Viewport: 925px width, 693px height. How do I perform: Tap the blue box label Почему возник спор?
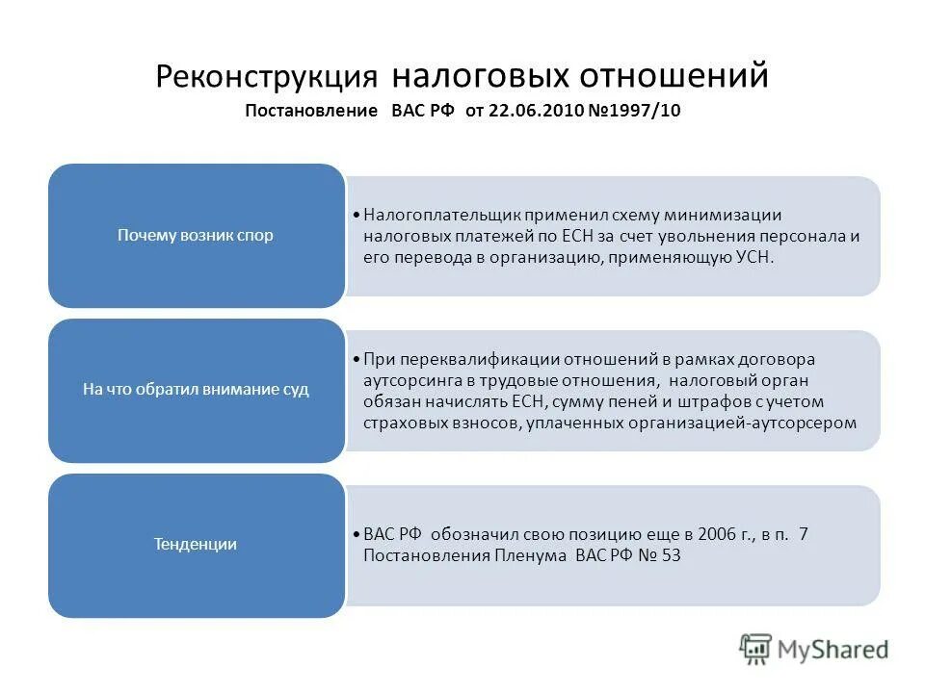pos(196,235)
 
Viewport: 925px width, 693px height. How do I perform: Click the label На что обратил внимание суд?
pos(196,390)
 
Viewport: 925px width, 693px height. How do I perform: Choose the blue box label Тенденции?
pos(196,544)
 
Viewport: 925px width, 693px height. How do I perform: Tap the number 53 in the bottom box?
pos(672,555)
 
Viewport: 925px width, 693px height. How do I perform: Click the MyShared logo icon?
pos(756,649)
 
